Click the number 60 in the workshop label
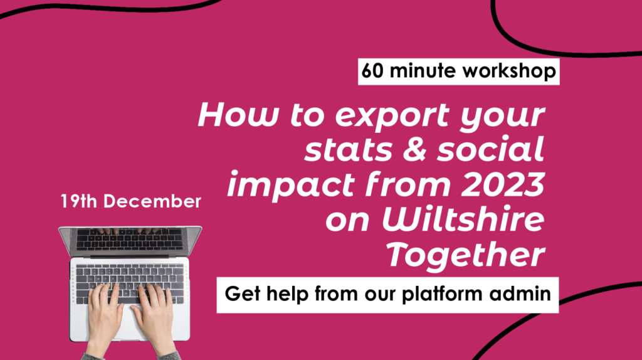[x=372, y=70]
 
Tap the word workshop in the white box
[x=509, y=71]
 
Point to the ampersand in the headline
[x=416, y=149]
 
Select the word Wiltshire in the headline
[x=463, y=219]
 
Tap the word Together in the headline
[x=466, y=255]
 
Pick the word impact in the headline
[x=292, y=186]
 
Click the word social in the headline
[x=490, y=149]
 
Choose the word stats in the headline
[x=349, y=150]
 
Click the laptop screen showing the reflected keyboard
[x=130, y=240]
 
